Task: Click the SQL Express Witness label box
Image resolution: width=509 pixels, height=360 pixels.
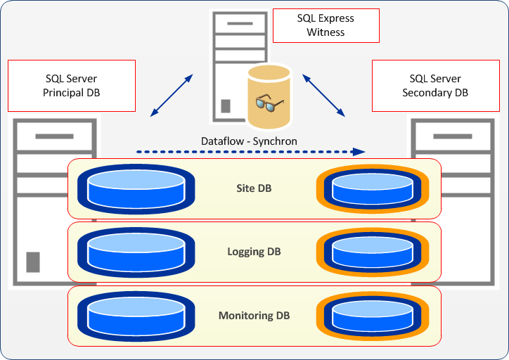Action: (326, 25)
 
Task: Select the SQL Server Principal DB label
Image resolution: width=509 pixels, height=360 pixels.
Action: (71, 85)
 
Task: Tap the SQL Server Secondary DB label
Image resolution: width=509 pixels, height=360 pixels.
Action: (434, 85)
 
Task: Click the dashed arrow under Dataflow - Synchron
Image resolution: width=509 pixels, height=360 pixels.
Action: (250, 151)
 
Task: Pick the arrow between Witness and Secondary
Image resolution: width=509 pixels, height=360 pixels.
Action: (323, 93)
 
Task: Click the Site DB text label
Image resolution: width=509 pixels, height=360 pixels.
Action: (254, 188)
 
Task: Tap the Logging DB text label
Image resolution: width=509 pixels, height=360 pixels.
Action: (254, 252)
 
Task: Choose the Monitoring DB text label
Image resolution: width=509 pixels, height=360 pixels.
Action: (254, 316)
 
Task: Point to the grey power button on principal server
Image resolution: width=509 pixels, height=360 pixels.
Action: (32, 261)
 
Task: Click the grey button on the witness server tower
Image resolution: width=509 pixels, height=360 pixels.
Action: (226, 106)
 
